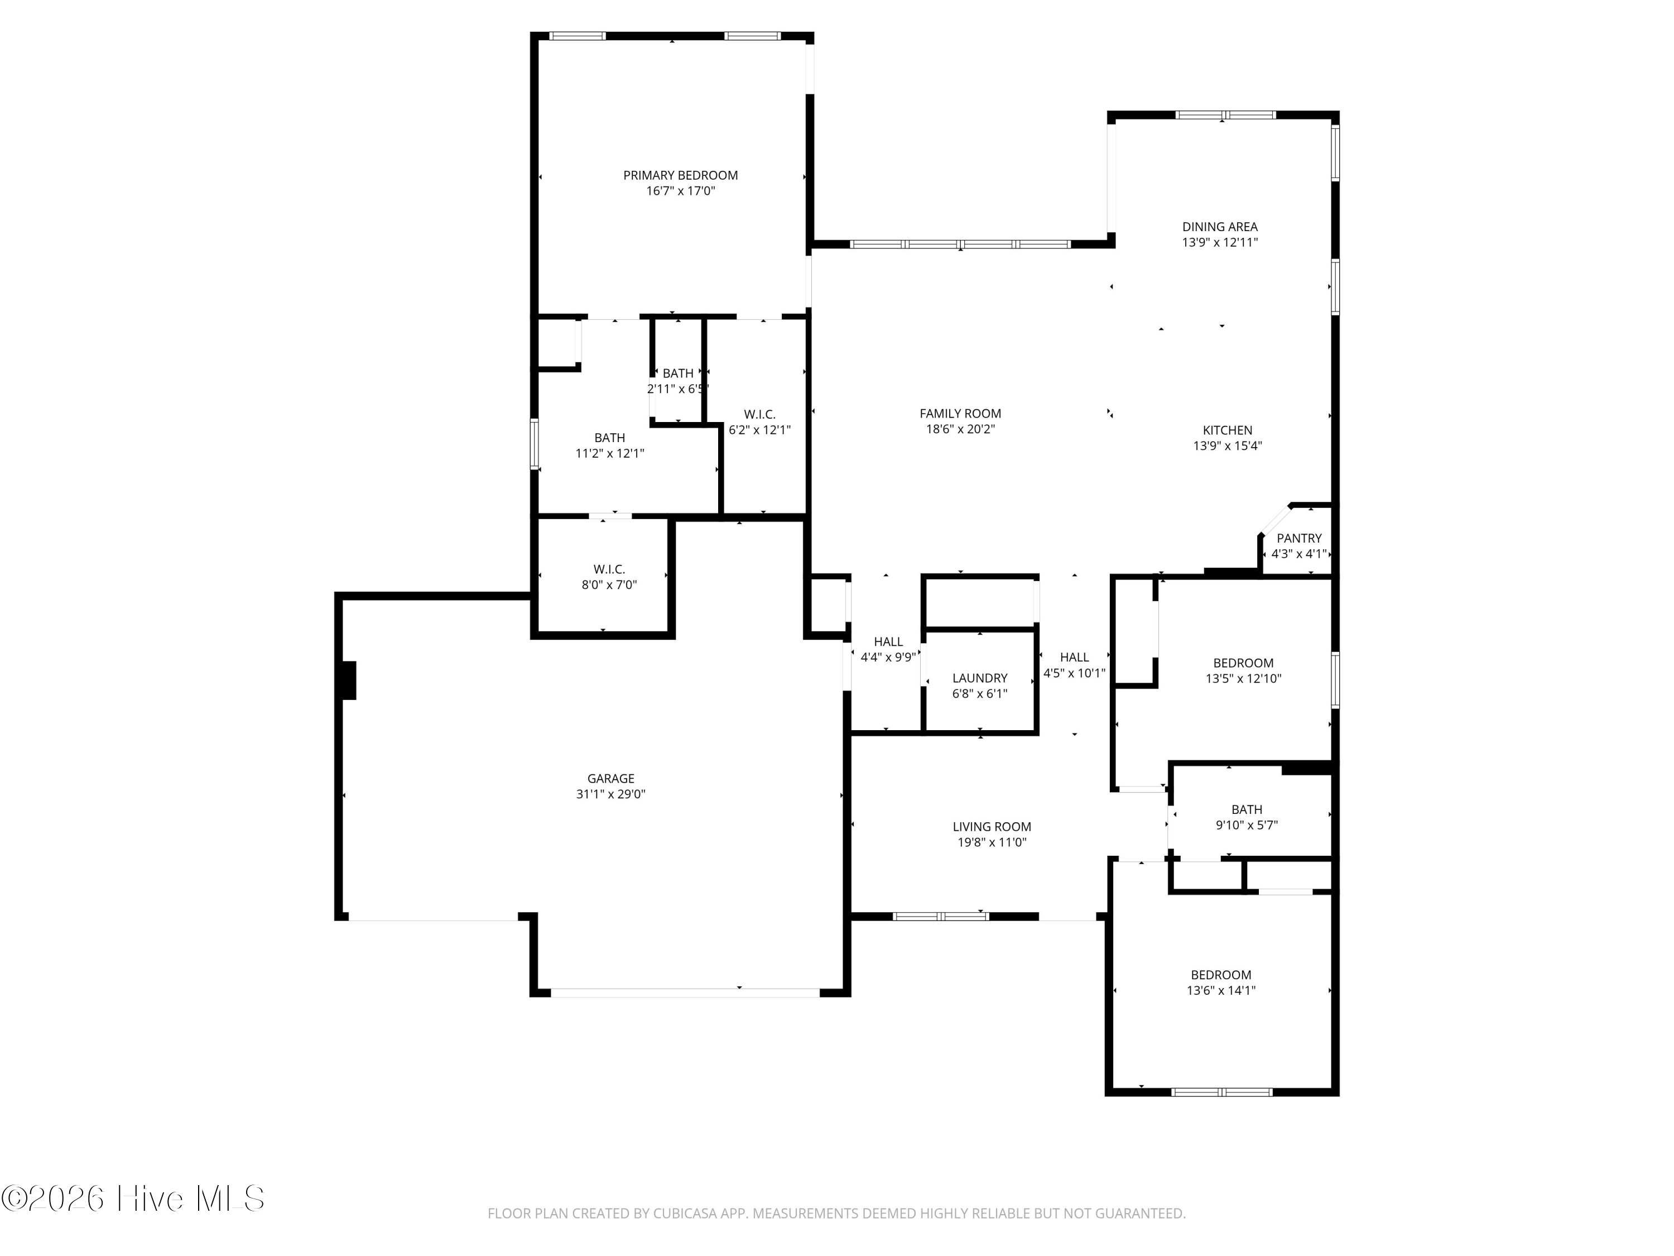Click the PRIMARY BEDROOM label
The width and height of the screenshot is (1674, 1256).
coord(680,175)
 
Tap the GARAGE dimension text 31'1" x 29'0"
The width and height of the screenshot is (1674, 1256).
coord(610,794)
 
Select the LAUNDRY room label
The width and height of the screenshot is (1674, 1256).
coord(979,678)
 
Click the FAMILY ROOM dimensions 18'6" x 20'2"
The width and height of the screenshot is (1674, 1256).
coord(960,429)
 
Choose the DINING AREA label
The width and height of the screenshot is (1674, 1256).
coord(1219,227)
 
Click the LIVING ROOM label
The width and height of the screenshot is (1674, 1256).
coord(992,827)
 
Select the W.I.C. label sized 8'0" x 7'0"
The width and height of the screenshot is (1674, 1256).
coord(608,569)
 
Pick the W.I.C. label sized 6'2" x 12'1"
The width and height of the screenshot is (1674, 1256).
coord(759,414)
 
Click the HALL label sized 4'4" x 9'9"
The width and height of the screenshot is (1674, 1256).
coord(888,641)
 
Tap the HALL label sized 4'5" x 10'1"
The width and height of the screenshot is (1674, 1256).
coord(1074,657)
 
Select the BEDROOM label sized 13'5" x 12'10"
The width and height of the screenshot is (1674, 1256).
coord(1243,663)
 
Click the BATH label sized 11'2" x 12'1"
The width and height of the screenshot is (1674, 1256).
coord(609,438)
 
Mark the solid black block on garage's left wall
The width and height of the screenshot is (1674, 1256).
coord(348,680)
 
